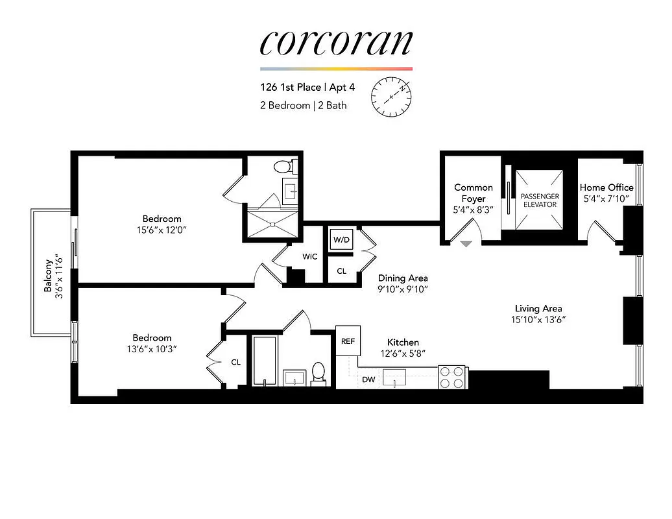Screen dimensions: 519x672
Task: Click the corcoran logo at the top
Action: click(x=336, y=42)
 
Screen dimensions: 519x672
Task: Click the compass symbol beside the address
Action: click(x=392, y=97)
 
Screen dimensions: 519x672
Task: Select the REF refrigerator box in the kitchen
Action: click(x=348, y=340)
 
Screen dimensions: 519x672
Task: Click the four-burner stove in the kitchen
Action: click(x=453, y=378)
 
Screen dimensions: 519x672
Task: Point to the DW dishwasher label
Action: click(x=368, y=379)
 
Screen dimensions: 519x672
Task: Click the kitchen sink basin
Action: click(x=394, y=377)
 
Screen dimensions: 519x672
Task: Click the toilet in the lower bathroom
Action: click(x=318, y=373)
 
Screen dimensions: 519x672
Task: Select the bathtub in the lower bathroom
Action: click(x=265, y=361)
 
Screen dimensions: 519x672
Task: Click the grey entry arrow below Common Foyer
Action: click(x=466, y=244)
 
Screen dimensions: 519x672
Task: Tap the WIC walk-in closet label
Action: click(x=310, y=256)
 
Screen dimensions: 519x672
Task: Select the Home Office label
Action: click(x=606, y=187)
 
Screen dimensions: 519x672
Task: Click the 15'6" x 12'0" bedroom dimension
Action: click(x=162, y=230)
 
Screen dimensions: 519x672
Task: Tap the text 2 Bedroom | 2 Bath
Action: click(x=303, y=105)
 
